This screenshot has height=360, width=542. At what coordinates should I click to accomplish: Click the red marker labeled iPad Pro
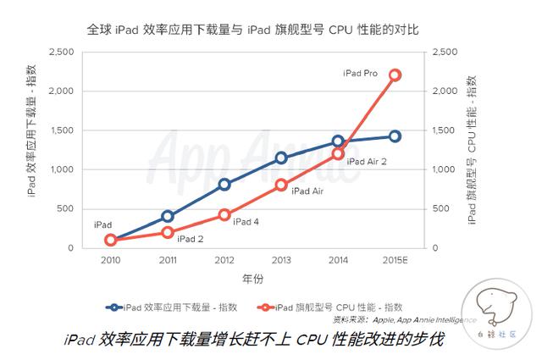[395, 75]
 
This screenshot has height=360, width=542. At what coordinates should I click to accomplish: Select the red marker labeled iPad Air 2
[338, 154]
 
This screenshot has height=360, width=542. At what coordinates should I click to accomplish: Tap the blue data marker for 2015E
[395, 136]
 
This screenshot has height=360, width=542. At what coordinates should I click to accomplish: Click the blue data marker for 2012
[224, 184]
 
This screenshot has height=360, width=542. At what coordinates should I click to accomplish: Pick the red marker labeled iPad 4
[224, 215]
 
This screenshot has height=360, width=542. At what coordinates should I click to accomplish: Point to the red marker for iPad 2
[168, 232]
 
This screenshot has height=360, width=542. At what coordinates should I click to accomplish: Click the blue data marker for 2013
[281, 158]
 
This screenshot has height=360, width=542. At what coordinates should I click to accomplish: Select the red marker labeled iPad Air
[281, 186]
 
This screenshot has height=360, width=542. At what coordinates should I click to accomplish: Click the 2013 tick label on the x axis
[281, 259]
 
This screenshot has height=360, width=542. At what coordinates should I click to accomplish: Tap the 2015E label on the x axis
[395, 259]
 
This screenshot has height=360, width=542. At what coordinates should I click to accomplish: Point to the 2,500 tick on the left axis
[61, 52]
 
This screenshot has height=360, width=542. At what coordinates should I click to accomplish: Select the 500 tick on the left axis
[66, 208]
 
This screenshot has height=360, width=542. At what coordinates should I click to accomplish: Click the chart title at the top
[253, 30]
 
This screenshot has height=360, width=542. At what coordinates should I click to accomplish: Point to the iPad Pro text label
[360, 74]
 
